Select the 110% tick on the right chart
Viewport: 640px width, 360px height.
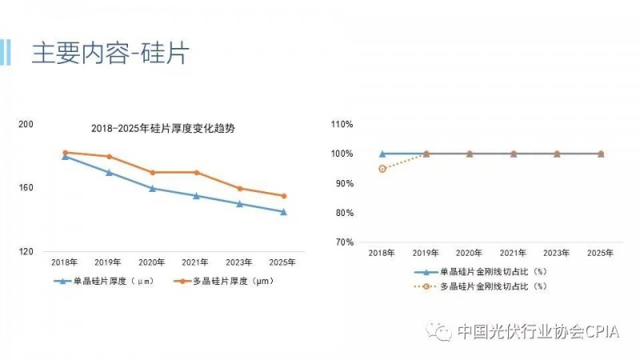[x=342, y=124]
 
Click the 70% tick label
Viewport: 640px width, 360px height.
[x=344, y=242]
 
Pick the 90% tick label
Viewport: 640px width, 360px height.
[x=344, y=183]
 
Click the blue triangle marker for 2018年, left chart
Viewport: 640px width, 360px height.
[x=65, y=156]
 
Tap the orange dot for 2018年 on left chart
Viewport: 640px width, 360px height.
[x=65, y=152]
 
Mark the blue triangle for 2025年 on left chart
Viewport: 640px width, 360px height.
[x=283, y=212]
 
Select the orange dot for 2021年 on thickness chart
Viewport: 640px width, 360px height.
[x=196, y=172]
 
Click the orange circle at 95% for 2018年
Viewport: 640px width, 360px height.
[x=382, y=169]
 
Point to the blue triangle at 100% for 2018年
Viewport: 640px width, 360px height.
[x=382, y=154]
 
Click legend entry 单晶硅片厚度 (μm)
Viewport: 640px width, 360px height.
[x=112, y=281]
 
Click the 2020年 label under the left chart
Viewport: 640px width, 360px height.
[x=152, y=262]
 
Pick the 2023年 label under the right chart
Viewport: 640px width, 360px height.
[x=557, y=253]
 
